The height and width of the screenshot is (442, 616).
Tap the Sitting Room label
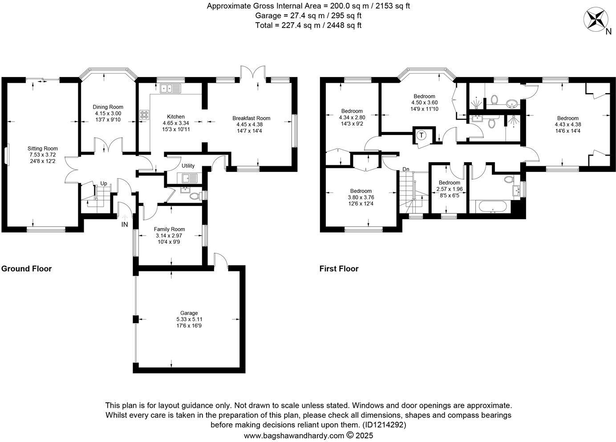(43, 148)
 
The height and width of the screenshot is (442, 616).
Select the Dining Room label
(108, 107)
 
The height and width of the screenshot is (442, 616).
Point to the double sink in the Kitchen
(170, 89)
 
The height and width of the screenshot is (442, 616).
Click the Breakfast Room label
(251, 118)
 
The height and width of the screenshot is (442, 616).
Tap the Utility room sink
(190, 178)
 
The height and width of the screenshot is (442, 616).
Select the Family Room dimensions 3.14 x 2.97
(169, 236)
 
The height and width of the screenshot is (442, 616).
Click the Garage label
(189, 313)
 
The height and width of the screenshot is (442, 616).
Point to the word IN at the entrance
(125, 225)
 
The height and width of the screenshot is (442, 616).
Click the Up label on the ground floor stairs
(103, 183)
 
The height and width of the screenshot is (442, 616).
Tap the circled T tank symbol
(421, 135)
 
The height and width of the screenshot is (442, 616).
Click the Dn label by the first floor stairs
(405, 169)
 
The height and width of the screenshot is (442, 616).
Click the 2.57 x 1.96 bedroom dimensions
(449, 189)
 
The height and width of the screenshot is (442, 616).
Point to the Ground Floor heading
(27, 269)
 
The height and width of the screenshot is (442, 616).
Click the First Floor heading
(339, 269)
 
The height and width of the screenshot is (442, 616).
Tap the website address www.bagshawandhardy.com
(294, 435)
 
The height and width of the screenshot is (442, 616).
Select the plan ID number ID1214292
(384, 425)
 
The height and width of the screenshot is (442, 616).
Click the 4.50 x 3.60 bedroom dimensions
(424, 102)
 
